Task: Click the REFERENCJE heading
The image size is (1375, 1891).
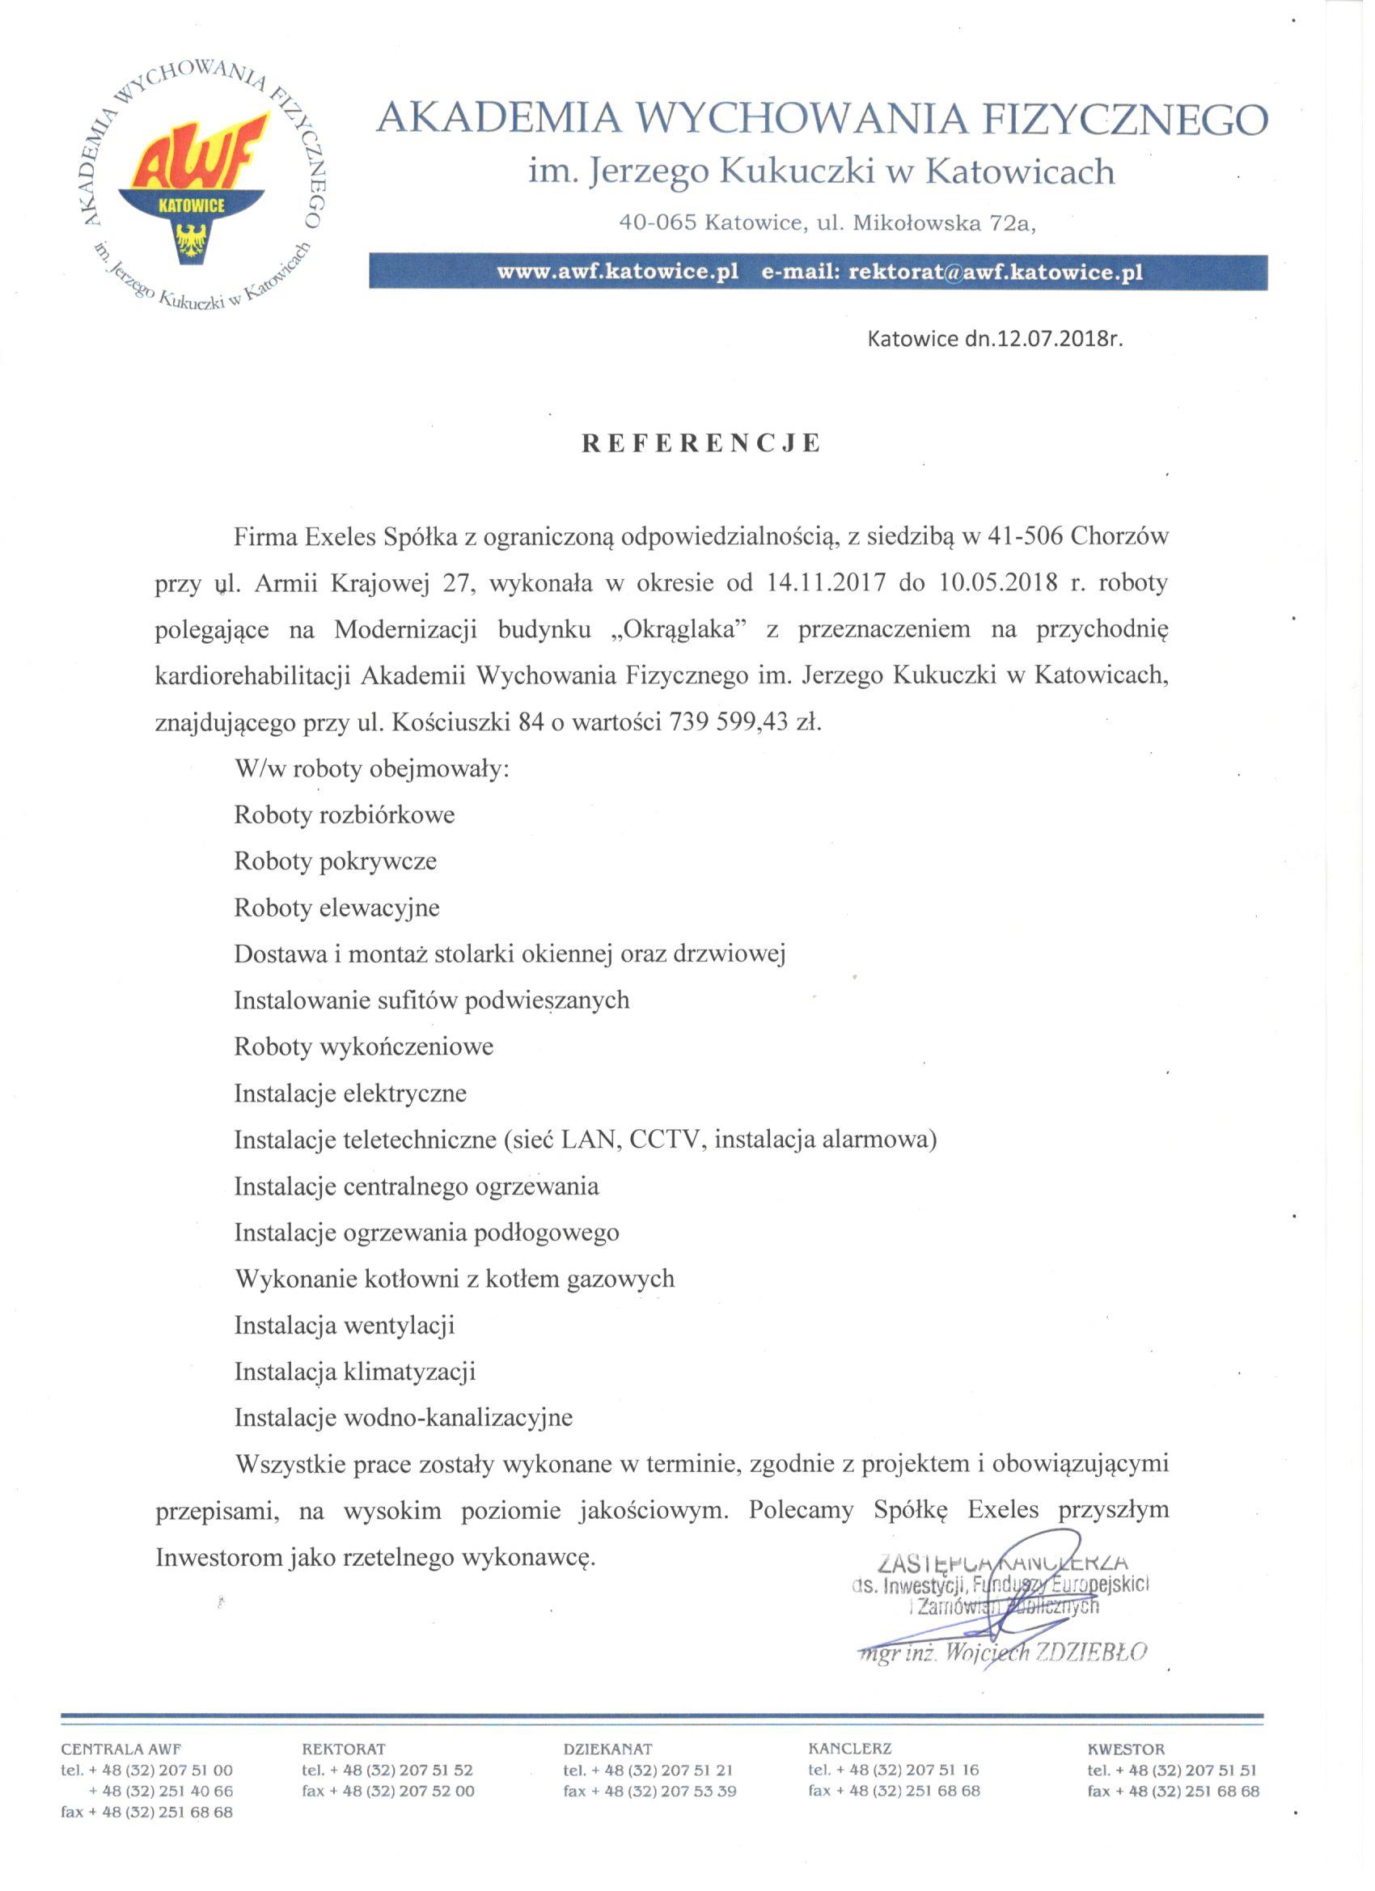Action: tap(701, 443)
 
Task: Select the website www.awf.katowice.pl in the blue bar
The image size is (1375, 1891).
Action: tap(618, 273)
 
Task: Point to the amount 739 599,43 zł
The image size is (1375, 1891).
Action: tap(746, 722)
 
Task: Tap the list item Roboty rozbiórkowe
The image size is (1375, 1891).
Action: tap(345, 815)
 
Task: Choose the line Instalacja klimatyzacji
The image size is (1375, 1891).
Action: tap(354, 1372)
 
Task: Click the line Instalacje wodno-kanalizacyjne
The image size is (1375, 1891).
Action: tap(404, 1419)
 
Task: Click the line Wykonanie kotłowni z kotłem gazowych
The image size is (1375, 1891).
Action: tap(455, 1279)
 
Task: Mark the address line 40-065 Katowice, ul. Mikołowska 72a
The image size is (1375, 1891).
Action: tap(827, 223)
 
